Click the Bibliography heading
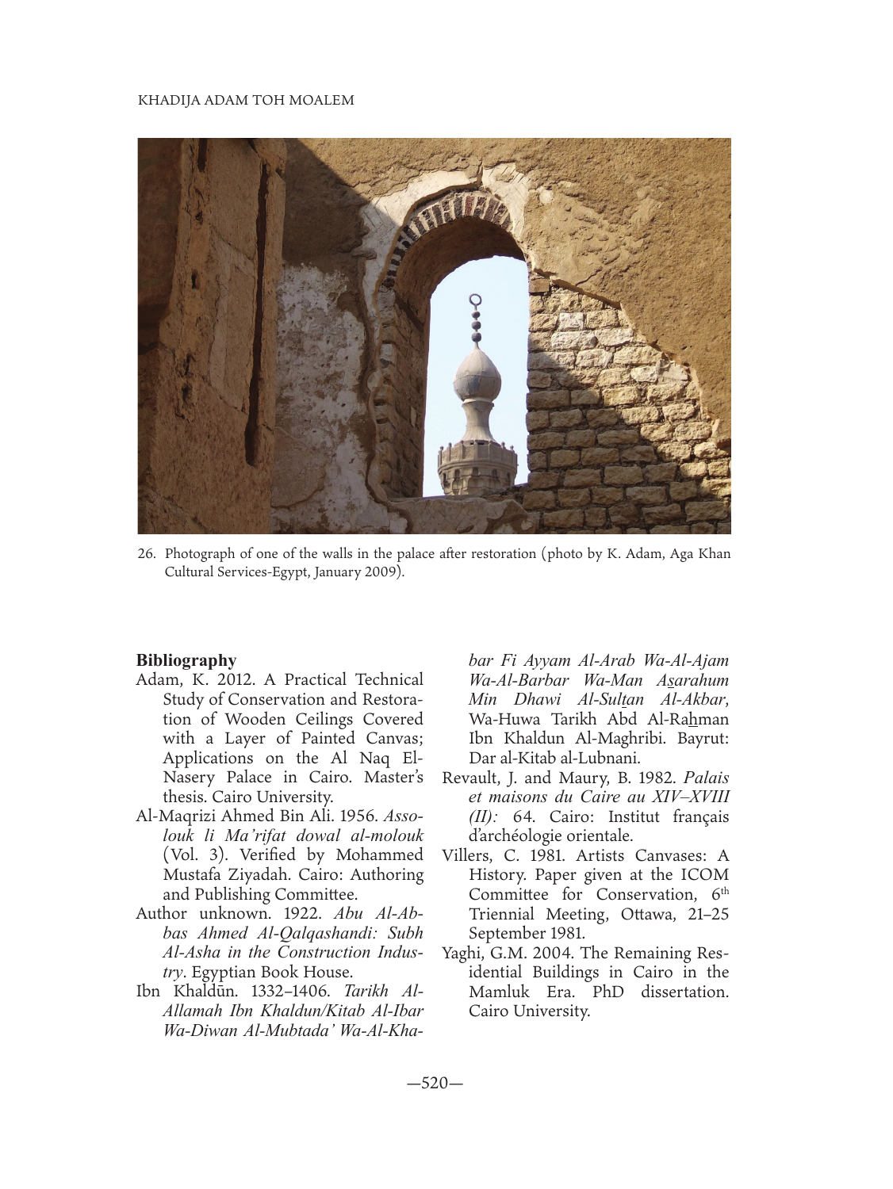coord(186,659)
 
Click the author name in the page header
coord(246,100)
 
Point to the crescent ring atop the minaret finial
coord(475,300)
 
